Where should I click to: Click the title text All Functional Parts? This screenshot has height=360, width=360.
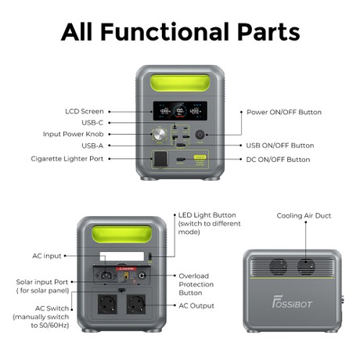click(x=180, y=32)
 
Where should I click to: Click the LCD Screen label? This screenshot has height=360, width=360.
click(x=84, y=112)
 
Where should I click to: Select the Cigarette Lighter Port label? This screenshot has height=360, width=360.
click(x=67, y=159)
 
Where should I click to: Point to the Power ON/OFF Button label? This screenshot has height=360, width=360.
click(x=283, y=112)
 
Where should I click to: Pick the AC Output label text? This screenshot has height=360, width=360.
click(x=196, y=305)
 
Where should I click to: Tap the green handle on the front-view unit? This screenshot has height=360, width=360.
click(x=180, y=85)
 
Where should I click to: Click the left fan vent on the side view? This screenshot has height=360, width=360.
click(x=279, y=267)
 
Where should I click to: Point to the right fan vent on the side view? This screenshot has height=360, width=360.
click(x=305, y=267)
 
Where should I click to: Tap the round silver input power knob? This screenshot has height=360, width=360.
click(x=161, y=134)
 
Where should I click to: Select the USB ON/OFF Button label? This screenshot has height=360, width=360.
click(x=279, y=146)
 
